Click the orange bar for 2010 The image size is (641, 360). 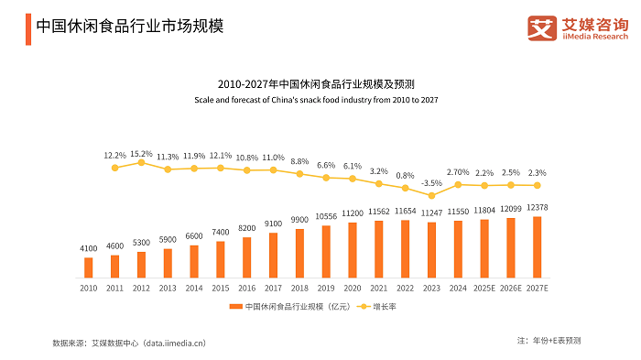(88, 267)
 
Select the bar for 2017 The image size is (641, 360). (273, 256)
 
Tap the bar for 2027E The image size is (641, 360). (538, 247)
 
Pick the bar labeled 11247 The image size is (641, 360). (431, 250)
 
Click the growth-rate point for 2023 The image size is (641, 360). (431, 196)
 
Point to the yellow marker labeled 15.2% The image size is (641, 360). (141, 162)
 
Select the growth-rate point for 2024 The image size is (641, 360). (458, 185)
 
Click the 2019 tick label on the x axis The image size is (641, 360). (326, 288)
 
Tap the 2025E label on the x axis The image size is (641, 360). (484, 288)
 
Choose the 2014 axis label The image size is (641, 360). (194, 288)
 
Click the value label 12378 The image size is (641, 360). (538, 207)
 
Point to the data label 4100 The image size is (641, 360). (88, 248)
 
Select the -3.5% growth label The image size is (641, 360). (431, 183)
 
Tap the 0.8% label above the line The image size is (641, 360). (405, 176)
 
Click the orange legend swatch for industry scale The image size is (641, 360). (236, 306)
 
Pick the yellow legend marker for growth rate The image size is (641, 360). (364, 306)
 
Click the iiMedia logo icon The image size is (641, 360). (542, 28)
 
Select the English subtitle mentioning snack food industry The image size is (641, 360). (316, 100)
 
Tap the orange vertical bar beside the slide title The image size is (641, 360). (28, 29)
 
